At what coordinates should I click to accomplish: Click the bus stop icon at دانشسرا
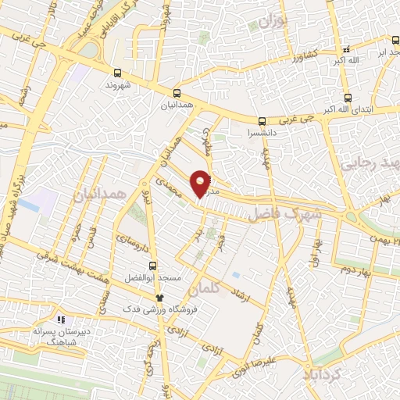pyautogui.click(x=262, y=121)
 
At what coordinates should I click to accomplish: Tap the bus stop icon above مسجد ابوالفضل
pyautogui.click(x=152, y=265)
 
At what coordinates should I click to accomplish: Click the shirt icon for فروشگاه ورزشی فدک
pyautogui.click(x=159, y=297)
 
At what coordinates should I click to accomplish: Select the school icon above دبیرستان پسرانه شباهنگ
pyautogui.click(x=60, y=319)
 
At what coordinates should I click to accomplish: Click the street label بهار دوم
pyautogui.click(x=354, y=270)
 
